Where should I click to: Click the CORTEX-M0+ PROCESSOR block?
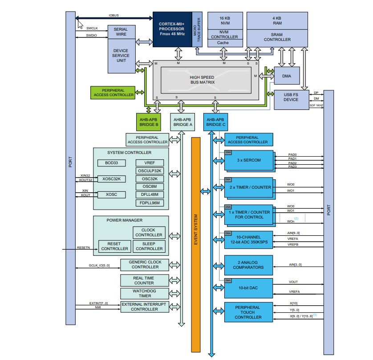pos(172,29)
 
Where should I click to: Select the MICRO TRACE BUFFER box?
pos(197,29)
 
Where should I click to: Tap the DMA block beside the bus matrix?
pos(287,76)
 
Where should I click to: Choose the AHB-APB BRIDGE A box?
pos(182,122)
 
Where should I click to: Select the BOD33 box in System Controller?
pos(111,163)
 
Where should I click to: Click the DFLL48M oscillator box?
pos(150,195)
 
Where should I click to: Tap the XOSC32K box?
pos(111,179)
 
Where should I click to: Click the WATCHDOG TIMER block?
pos(145,293)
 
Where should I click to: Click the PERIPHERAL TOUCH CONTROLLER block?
pos(248,312)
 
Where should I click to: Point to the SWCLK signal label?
pos(92,28)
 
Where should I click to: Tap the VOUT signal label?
pos(293,282)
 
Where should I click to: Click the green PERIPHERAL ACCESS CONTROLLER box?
pos(113,93)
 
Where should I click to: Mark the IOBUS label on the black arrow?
pos(114,16)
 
